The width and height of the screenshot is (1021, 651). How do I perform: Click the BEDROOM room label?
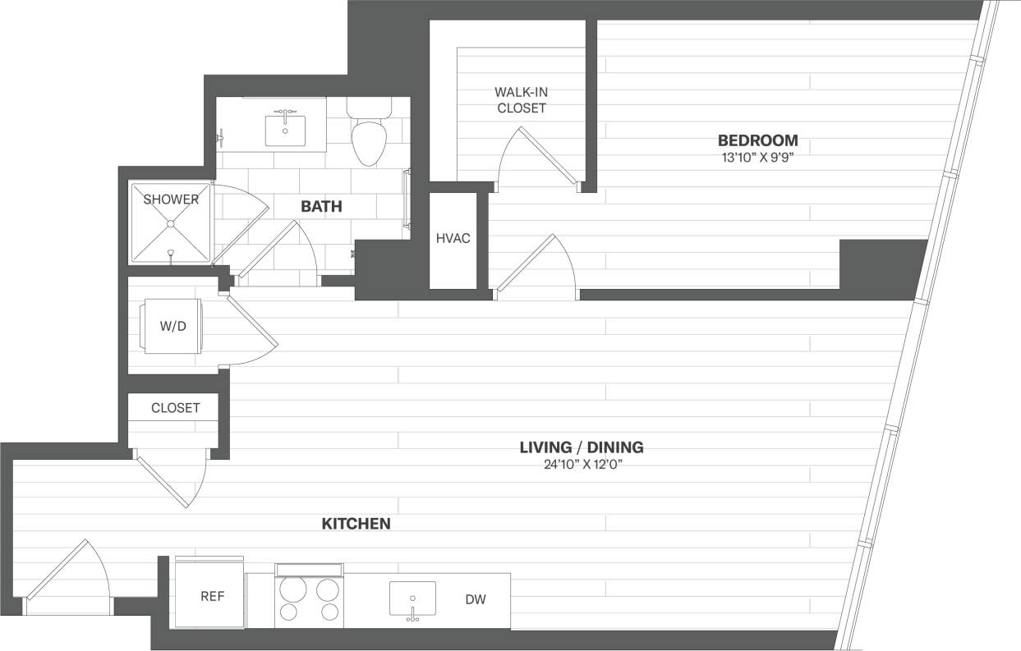(757, 140)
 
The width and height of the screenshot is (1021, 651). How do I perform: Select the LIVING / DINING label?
(581, 447)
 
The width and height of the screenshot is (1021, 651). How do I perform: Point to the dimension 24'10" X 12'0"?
(581, 465)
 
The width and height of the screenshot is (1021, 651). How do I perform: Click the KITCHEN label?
(355, 524)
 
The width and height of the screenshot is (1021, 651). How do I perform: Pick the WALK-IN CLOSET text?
(521, 100)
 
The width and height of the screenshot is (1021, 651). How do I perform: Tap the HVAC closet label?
(453, 238)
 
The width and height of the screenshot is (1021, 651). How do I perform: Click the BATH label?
(321, 207)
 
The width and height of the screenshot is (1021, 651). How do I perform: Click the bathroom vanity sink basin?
(285, 131)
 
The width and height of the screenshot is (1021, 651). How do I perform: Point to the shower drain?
(170, 223)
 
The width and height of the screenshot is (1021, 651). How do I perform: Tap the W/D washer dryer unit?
(172, 327)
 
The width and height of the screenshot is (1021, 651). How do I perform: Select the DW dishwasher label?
(476, 600)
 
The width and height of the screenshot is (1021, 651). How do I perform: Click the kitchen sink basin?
(412, 597)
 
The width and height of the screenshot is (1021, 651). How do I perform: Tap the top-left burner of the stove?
(291, 589)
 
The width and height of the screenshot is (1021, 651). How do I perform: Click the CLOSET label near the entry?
(175, 408)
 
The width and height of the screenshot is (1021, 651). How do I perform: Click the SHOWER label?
(171, 199)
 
